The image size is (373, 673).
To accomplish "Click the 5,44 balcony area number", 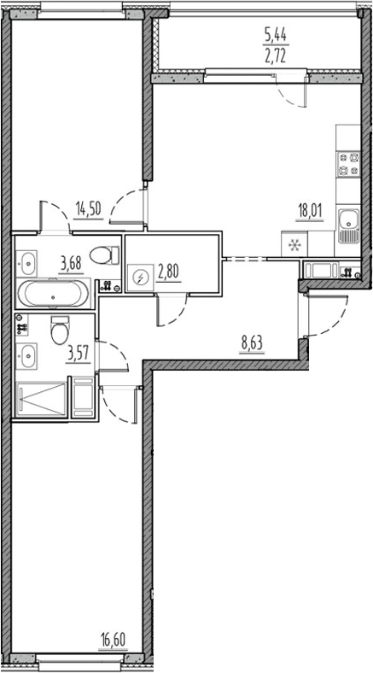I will (x=275, y=35).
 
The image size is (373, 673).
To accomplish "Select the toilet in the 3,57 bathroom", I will (x=58, y=328).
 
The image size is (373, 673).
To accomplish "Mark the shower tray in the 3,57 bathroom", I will (x=41, y=399).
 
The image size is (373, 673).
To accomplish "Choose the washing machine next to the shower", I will (x=85, y=399).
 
